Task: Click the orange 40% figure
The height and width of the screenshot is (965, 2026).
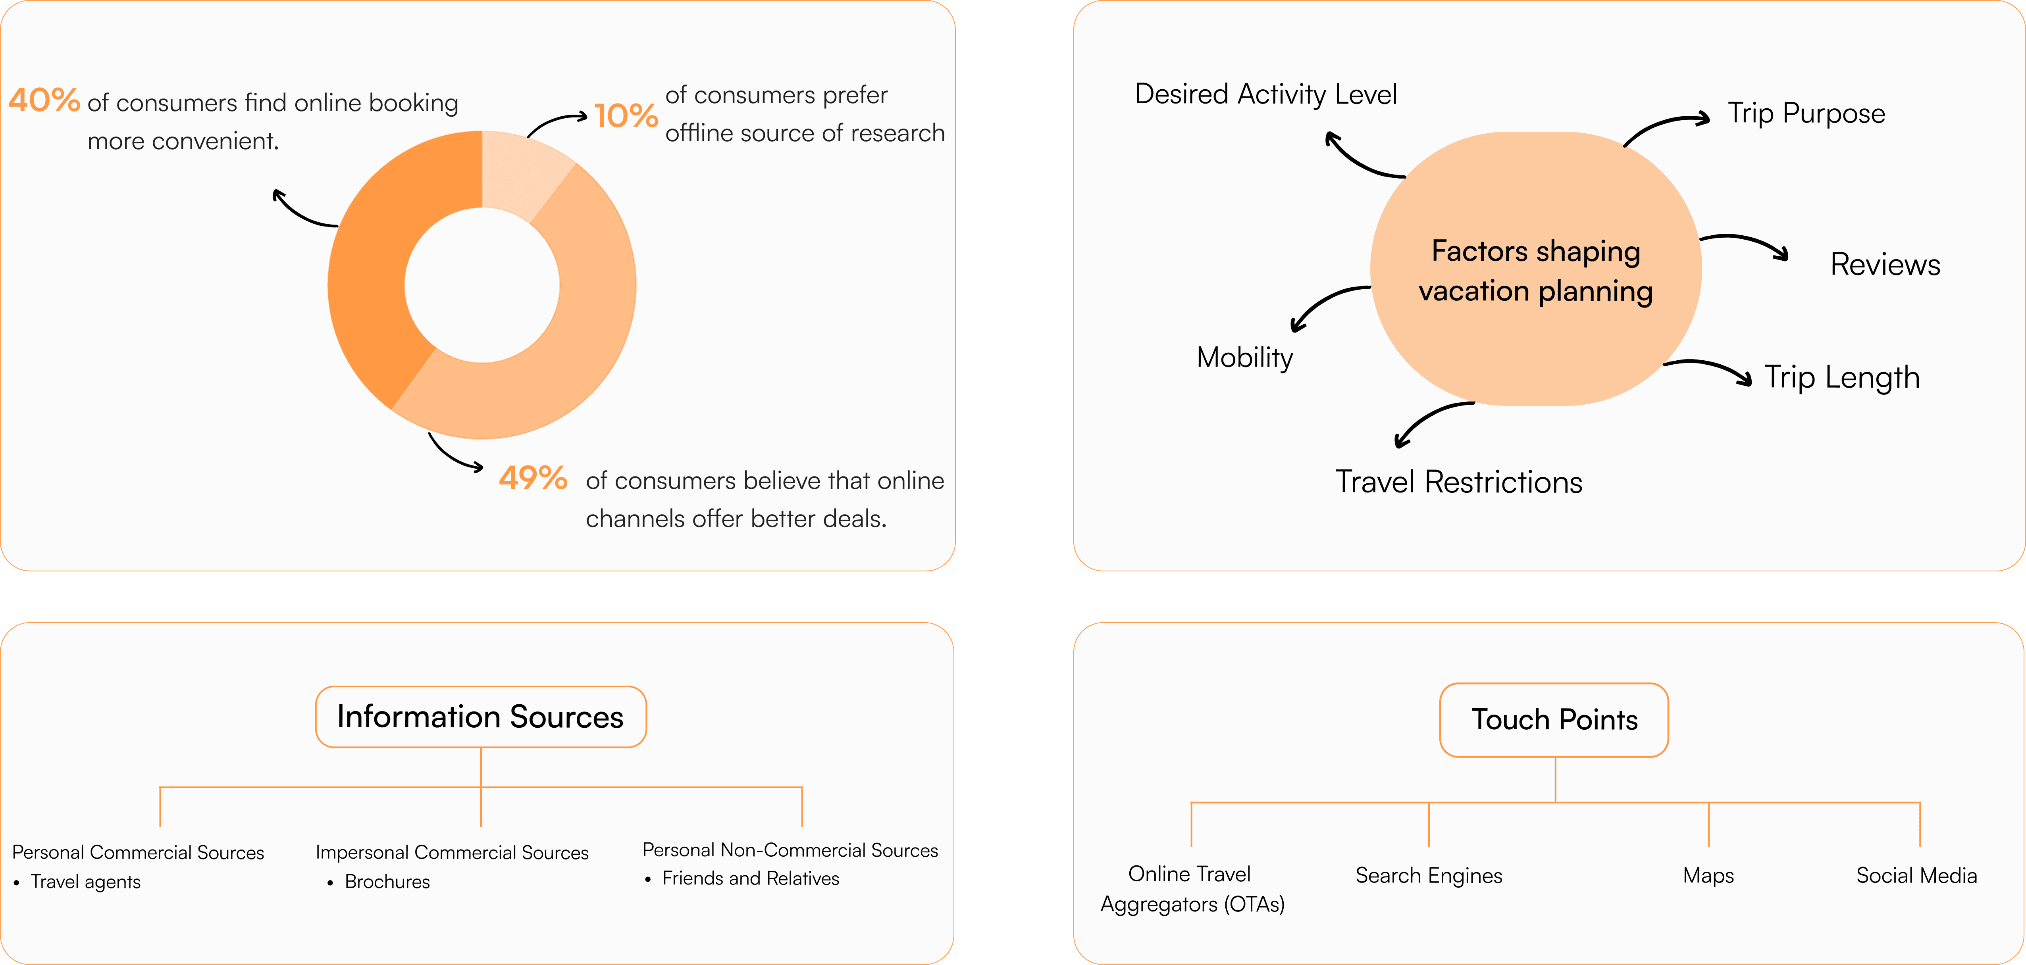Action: click(x=44, y=101)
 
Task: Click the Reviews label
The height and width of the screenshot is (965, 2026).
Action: click(x=1884, y=265)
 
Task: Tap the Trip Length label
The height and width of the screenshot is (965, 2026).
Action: click(x=1841, y=377)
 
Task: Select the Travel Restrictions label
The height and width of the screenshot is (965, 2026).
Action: click(x=1458, y=482)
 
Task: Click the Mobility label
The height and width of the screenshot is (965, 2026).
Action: click(x=1244, y=358)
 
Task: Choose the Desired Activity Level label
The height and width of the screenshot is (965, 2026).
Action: click(x=1265, y=94)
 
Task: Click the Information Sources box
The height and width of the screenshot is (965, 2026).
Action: click(x=481, y=717)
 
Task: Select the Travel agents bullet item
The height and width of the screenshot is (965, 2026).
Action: click(x=85, y=882)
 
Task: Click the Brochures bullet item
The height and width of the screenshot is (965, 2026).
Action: click(x=387, y=882)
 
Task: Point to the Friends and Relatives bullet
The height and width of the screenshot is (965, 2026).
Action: click(x=750, y=878)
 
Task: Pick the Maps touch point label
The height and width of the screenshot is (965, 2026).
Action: click(x=1708, y=875)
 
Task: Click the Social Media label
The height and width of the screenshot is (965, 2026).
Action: click(x=1916, y=875)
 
